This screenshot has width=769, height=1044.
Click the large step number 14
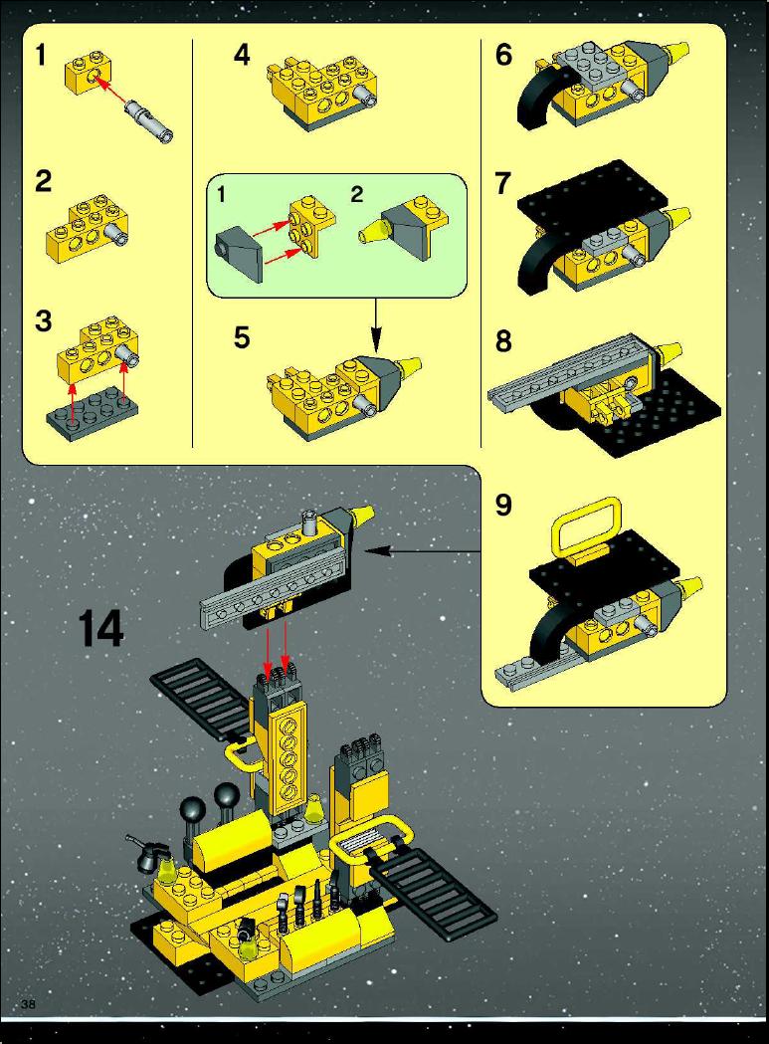click(101, 629)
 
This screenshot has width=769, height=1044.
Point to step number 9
click(504, 505)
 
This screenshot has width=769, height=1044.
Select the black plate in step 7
click(593, 193)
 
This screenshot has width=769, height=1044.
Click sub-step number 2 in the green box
click(357, 194)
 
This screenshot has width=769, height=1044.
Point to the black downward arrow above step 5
click(375, 324)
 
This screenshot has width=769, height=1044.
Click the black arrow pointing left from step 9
click(423, 550)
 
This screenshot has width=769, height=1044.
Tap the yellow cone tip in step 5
click(408, 365)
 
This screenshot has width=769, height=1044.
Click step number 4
click(242, 56)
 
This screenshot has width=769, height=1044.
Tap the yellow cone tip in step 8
click(668, 352)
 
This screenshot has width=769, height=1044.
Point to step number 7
click(503, 183)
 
